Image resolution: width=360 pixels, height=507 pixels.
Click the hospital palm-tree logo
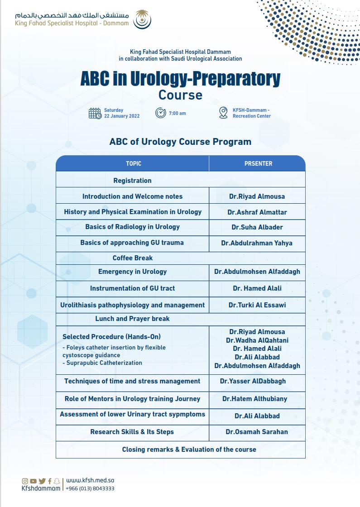click(142, 19)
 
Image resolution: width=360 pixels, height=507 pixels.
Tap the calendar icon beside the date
click(95, 114)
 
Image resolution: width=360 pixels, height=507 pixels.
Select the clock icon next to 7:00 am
click(161, 113)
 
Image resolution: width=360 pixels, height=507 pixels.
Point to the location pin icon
click(223, 113)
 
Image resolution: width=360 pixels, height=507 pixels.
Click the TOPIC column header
click(134, 163)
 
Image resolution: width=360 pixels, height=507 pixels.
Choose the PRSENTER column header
click(258, 163)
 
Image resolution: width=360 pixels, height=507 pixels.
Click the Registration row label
click(132, 181)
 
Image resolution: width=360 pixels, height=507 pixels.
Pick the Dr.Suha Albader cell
click(257, 227)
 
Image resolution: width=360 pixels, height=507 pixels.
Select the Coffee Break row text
click(133, 258)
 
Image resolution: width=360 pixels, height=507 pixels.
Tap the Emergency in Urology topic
click(133, 272)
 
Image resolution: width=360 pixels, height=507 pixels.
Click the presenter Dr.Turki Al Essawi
click(257, 305)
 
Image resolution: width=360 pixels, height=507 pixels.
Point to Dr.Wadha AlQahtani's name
click(257, 340)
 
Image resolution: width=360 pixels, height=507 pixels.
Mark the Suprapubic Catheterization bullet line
click(102, 363)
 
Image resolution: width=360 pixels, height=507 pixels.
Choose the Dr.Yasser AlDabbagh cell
click(253, 381)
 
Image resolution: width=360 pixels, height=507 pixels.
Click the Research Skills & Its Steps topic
click(132, 432)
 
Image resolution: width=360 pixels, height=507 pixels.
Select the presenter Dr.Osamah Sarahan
click(257, 432)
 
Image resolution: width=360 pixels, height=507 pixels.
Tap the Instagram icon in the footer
click(25, 481)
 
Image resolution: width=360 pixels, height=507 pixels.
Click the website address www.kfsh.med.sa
click(90, 480)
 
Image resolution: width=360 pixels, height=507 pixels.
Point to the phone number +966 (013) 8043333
click(90, 488)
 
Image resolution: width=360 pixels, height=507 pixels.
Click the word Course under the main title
click(181, 95)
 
